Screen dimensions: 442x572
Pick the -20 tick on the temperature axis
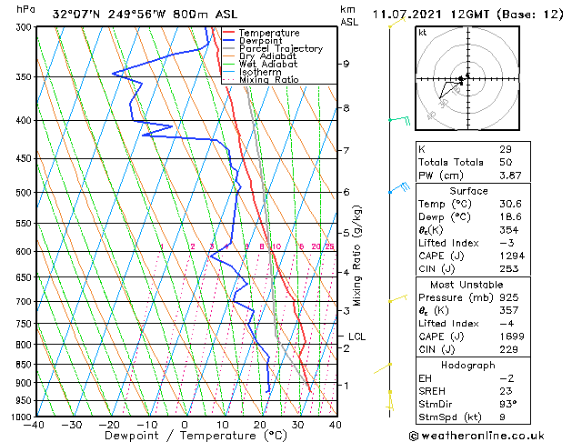click(x=108, y=424)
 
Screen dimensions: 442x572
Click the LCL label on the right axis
click(x=356, y=337)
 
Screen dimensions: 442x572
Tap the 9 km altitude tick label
click(x=346, y=64)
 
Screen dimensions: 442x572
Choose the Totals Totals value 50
click(x=506, y=162)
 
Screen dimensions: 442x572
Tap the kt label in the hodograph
click(x=422, y=33)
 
